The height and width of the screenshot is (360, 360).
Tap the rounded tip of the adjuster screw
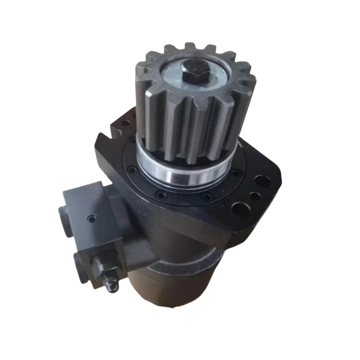[113, 286]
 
